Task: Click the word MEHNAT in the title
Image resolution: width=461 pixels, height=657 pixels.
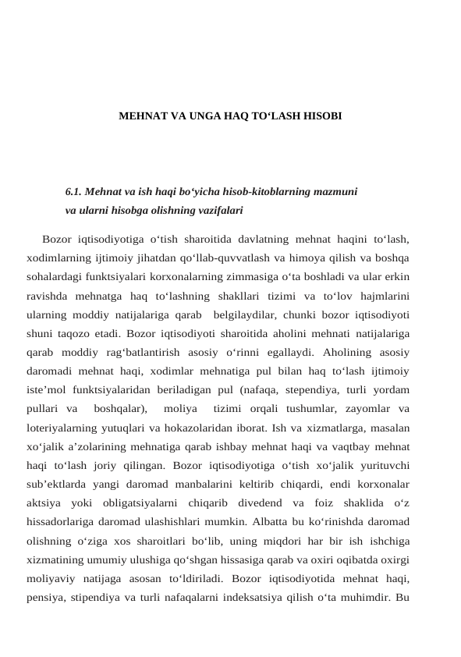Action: [140, 115]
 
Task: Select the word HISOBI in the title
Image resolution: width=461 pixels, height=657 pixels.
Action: [321, 115]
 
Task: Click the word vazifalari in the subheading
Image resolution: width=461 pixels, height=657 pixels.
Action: [216, 210]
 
